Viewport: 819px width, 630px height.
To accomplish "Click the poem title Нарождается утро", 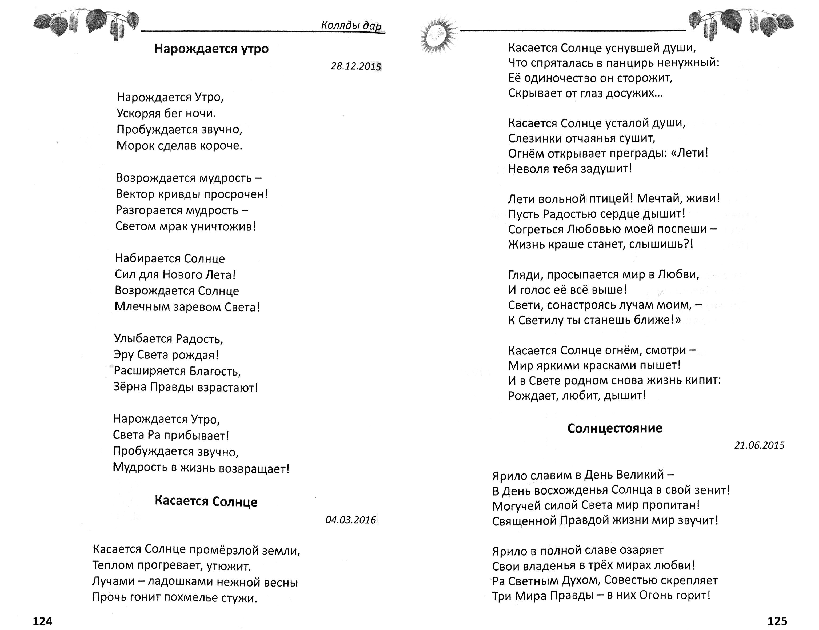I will coord(211,49).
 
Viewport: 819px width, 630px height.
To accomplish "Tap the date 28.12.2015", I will coord(356,66).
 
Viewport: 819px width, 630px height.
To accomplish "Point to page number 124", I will coord(42,621).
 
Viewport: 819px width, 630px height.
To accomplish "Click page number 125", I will coord(777,621).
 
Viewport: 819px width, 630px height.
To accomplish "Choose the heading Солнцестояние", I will coord(615,428).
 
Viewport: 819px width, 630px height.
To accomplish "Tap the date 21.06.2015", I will coord(759,445).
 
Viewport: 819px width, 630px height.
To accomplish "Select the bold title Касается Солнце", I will coord(206,501).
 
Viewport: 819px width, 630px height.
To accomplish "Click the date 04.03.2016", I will coord(351,520).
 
